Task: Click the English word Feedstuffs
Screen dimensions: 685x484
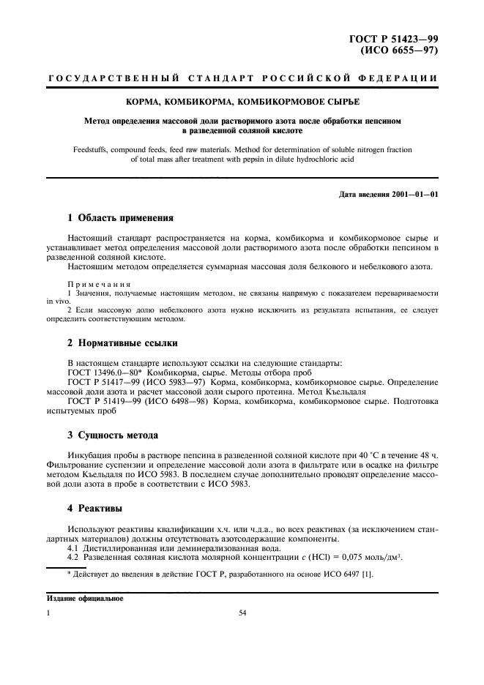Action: pos(92,149)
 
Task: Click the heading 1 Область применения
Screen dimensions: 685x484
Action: pos(120,218)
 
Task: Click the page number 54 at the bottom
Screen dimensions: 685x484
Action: pos(242,613)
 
